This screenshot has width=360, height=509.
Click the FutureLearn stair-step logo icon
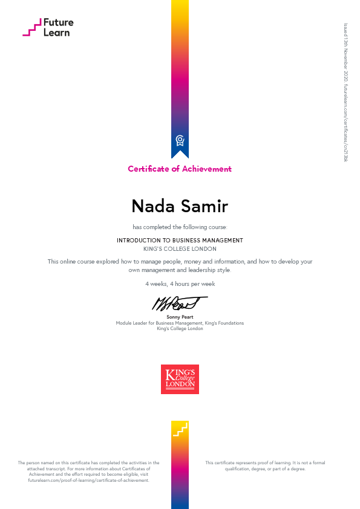(32, 27)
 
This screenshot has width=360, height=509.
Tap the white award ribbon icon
(180, 141)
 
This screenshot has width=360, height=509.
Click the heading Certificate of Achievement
(180, 169)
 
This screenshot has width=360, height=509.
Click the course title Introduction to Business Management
(180, 240)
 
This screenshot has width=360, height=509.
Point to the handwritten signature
(179, 302)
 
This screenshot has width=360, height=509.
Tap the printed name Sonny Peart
(180, 317)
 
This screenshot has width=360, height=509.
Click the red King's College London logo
(180, 379)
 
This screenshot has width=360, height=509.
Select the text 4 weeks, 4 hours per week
(180, 284)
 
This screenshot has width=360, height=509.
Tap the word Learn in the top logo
(56, 33)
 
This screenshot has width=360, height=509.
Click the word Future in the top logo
(58, 22)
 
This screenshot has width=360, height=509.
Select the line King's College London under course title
(180, 248)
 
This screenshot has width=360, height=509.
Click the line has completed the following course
(180, 227)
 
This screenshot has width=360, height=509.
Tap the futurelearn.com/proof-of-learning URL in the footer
(88, 480)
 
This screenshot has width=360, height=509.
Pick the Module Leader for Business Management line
(180, 323)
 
